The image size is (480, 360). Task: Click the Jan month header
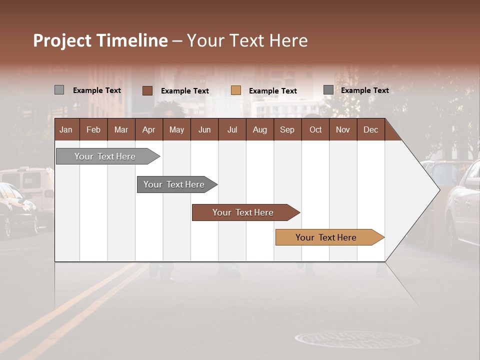pos(66,129)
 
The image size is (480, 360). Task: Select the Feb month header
pos(93,129)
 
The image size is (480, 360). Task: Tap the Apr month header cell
pos(148,129)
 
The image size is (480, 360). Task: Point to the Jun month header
pos(204,129)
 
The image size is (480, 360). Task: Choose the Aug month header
pos(259,129)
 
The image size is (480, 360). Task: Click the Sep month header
pos(287,129)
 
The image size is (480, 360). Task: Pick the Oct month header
pos(315,129)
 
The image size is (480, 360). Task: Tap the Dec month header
pos(370,129)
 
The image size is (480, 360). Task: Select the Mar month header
pos(121,129)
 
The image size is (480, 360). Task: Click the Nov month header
pos(343,129)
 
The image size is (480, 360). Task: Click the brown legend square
pos(147,90)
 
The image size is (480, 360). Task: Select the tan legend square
pos(236,90)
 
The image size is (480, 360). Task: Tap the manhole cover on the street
pos(357,339)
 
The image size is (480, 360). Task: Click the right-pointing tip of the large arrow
pos(438,189)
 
